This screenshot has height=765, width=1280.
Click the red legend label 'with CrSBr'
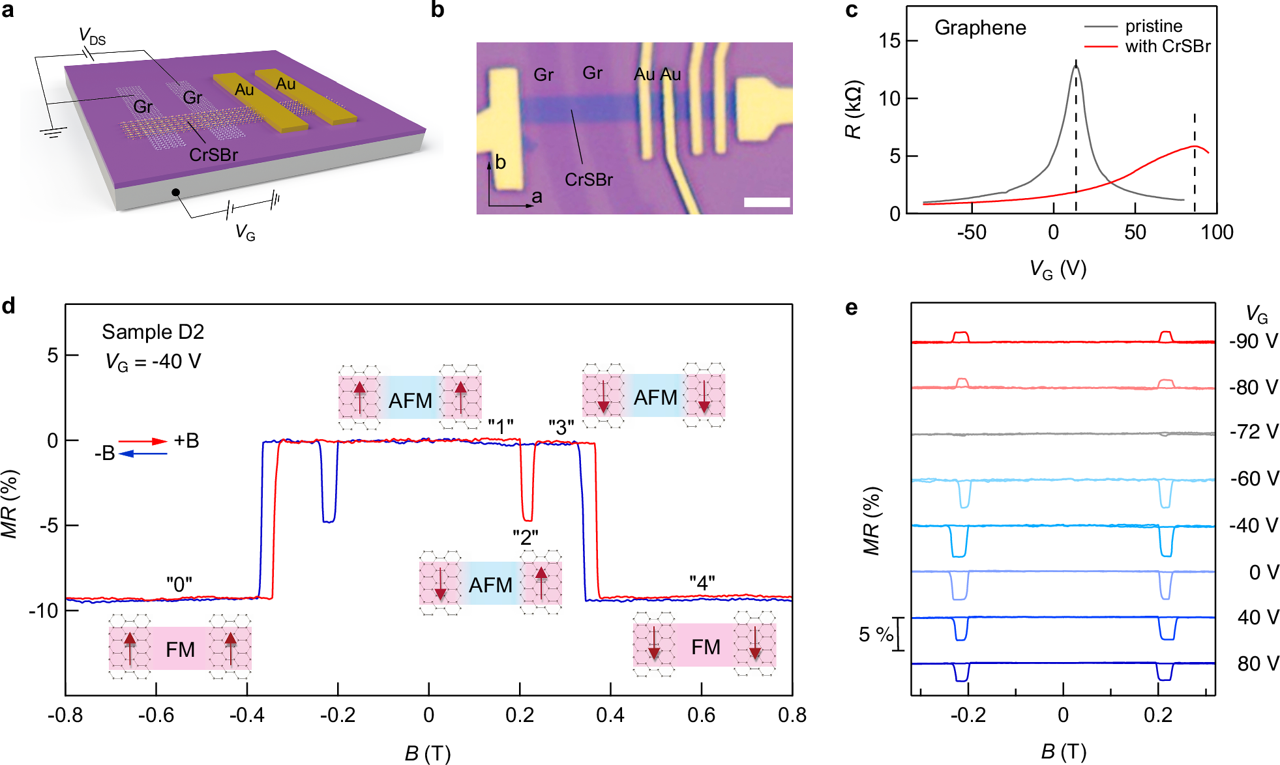click(x=1167, y=46)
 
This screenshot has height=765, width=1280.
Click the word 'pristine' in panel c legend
click(x=1153, y=26)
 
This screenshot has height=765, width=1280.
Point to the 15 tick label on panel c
click(x=889, y=41)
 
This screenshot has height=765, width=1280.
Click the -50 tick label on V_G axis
click(x=971, y=233)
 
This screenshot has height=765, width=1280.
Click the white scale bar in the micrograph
click(x=767, y=203)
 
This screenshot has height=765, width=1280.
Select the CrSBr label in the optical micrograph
click(x=588, y=180)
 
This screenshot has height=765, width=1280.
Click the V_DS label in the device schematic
click(x=92, y=36)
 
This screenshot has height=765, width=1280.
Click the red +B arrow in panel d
click(x=143, y=441)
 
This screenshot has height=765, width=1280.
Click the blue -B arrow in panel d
click(x=143, y=454)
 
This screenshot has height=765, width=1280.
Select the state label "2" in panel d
click(x=525, y=538)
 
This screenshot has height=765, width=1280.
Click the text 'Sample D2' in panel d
click(x=153, y=332)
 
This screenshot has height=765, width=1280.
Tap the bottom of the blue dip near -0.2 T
click(x=329, y=521)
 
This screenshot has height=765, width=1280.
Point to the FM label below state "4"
click(x=706, y=647)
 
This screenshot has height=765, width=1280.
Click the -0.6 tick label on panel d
click(x=156, y=715)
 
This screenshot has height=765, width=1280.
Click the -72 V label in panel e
click(x=1253, y=431)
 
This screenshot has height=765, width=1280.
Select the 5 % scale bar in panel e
click(x=900, y=634)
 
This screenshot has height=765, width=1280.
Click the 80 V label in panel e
click(x=1258, y=663)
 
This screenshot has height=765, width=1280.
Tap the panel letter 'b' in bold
click(x=438, y=10)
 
